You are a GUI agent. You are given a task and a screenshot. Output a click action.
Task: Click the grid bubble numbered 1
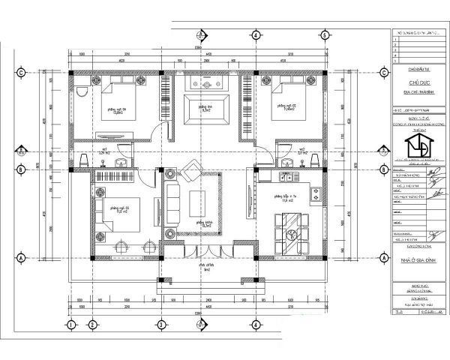(x=70, y=325)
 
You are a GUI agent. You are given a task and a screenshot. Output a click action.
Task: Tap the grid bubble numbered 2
(x=92, y=325)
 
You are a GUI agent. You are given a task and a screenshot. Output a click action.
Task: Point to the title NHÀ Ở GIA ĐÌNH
(x=416, y=256)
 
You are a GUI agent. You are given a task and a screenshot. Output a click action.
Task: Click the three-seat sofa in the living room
(x=171, y=203)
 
